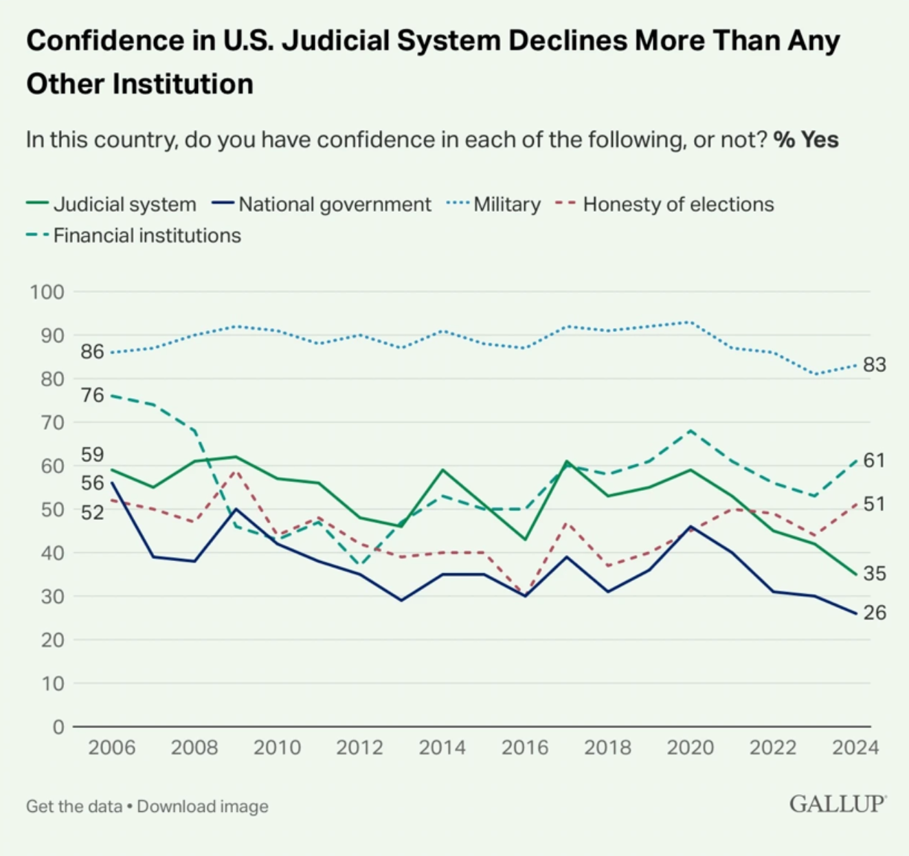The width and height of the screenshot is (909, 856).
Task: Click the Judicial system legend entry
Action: click(x=111, y=204)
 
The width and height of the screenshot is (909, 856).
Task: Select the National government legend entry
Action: click(x=322, y=204)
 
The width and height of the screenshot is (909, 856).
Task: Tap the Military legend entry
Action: click(x=493, y=204)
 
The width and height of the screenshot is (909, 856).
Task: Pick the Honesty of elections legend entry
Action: click(x=664, y=204)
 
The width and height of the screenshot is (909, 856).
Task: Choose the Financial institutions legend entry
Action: click(x=134, y=236)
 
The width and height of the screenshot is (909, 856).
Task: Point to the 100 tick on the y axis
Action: click(x=47, y=292)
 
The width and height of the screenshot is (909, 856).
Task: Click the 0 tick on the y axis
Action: click(x=58, y=727)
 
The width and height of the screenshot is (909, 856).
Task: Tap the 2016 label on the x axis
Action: click(x=525, y=748)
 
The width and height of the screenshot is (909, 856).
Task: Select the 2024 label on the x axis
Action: click(x=855, y=748)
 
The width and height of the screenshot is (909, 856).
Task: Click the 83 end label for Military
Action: click(x=875, y=365)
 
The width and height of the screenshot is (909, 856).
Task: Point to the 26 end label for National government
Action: click(x=875, y=613)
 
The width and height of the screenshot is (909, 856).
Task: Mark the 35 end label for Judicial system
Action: click(x=875, y=573)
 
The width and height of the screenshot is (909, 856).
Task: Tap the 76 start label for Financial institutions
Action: click(x=93, y=395)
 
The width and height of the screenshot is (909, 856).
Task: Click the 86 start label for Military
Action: click(x=93, y=351)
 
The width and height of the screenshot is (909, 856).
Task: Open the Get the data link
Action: click(x=74, y=806)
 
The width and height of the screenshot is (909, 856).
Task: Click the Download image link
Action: click(x=203, y=806)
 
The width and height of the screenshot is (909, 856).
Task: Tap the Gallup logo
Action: click(x=838, y=804)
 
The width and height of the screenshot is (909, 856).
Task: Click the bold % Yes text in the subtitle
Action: click(x=806, y=140)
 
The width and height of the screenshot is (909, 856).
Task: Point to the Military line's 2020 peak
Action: click(x=691, y=322)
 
